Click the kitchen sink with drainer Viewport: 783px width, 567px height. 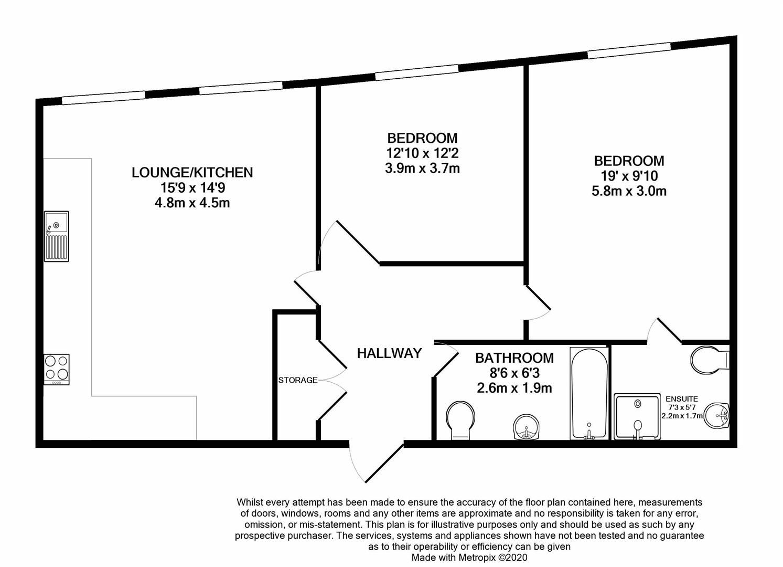[x=56, y=236]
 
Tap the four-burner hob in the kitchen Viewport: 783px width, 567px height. [x=56, y=369]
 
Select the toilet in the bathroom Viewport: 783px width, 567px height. [x=460, y=421]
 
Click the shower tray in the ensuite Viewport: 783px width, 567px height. [x=637, y=416]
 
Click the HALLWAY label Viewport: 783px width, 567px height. [x=389, y=353]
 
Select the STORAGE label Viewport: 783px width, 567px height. [x=298, y=380]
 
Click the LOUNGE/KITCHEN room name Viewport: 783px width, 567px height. [x=192, y=172]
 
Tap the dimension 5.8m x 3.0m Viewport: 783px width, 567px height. [x=629, y=191]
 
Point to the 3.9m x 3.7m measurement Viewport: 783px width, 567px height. [x=422, y=169]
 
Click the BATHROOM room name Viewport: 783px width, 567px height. [x=514, y=358]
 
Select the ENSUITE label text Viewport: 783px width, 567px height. [x=681, y=399]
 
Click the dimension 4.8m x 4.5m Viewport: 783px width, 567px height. [x=192, y=203]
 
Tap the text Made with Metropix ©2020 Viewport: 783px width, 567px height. [x=469, y=558]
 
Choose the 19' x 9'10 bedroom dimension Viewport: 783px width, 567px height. [x=629, y=176]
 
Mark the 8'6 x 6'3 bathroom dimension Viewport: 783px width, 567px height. [x=514, y=373]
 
